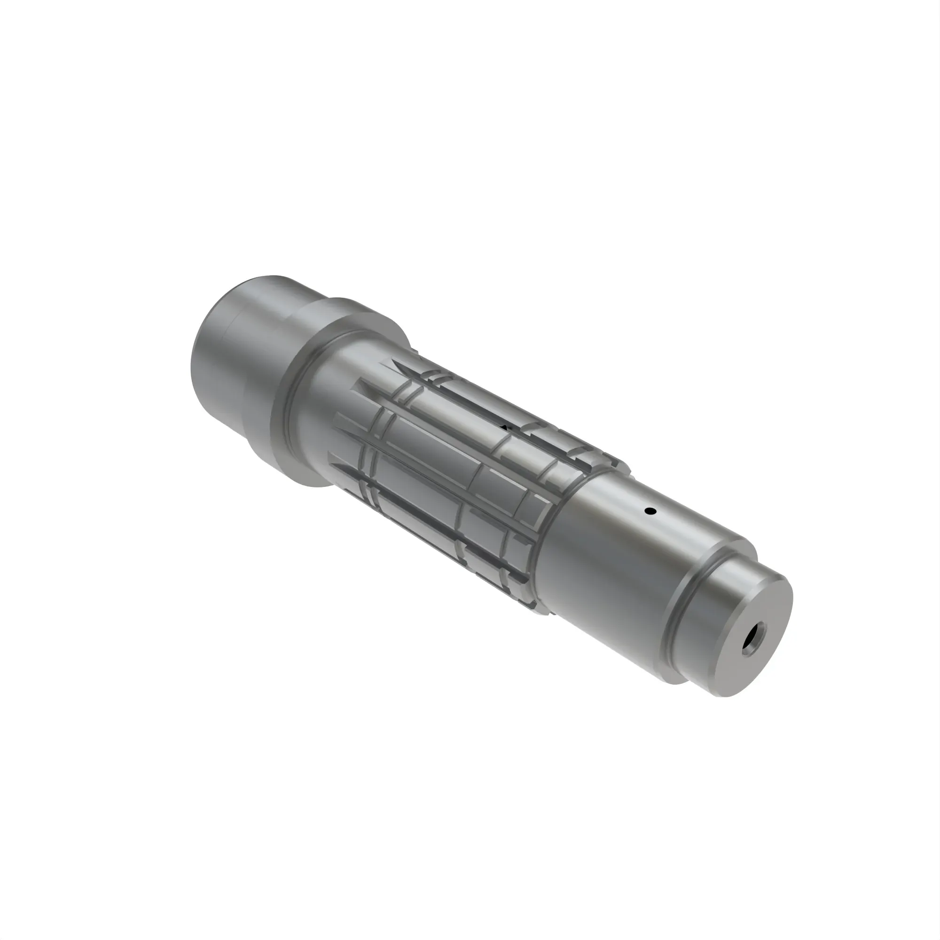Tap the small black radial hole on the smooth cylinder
(x=649, y=511)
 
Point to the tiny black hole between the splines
(x=506, y=428)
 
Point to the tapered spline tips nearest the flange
(x=350, y=428)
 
